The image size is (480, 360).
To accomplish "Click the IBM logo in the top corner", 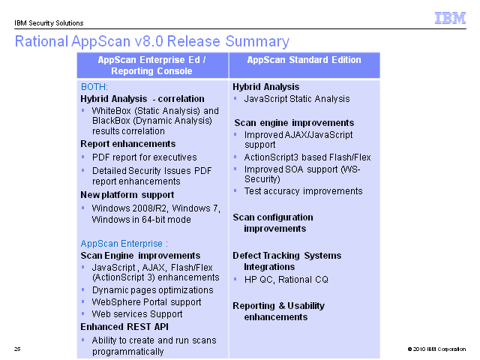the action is (450, 18).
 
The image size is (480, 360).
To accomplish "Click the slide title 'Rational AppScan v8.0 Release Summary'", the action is (152, 41).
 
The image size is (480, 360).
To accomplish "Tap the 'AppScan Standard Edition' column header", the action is (304, 60).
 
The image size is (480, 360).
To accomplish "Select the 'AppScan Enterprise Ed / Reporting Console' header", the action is (151, 65).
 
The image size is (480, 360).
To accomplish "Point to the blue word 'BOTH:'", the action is (94, 87).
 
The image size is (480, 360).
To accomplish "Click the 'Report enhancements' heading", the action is (128, 144).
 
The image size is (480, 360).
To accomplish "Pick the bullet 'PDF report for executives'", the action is (145, 157).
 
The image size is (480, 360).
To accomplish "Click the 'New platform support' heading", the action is (127, 195).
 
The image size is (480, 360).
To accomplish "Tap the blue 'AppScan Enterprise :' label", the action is (124, 244).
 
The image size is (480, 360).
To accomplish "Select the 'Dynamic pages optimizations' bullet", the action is (153, 290).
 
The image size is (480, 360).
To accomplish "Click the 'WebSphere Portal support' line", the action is (147, 302).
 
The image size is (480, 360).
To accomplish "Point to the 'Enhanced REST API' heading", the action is (124, 327).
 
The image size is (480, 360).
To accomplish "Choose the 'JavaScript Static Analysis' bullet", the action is (297, 99).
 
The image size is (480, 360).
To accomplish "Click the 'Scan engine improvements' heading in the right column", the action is (294, 123).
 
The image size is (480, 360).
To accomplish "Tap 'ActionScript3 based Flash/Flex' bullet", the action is (307, 157).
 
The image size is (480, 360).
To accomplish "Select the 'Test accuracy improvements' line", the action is (303, 191).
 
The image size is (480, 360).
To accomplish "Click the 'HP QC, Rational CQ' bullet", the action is (286, 280).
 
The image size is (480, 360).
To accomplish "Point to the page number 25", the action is (17, 349).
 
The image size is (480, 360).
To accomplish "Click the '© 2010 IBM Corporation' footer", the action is (436, 349).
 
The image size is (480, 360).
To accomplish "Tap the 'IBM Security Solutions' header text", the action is (49, 23).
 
